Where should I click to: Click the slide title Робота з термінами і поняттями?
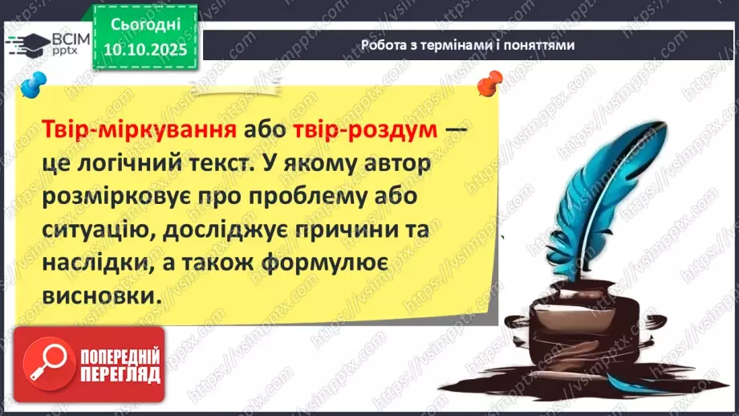[x=467, y=46]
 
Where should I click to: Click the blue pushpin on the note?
[x=33, y=84]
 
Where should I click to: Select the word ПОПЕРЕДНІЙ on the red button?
[x=120, y=356]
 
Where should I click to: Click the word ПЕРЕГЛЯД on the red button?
[x=120, y=375]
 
